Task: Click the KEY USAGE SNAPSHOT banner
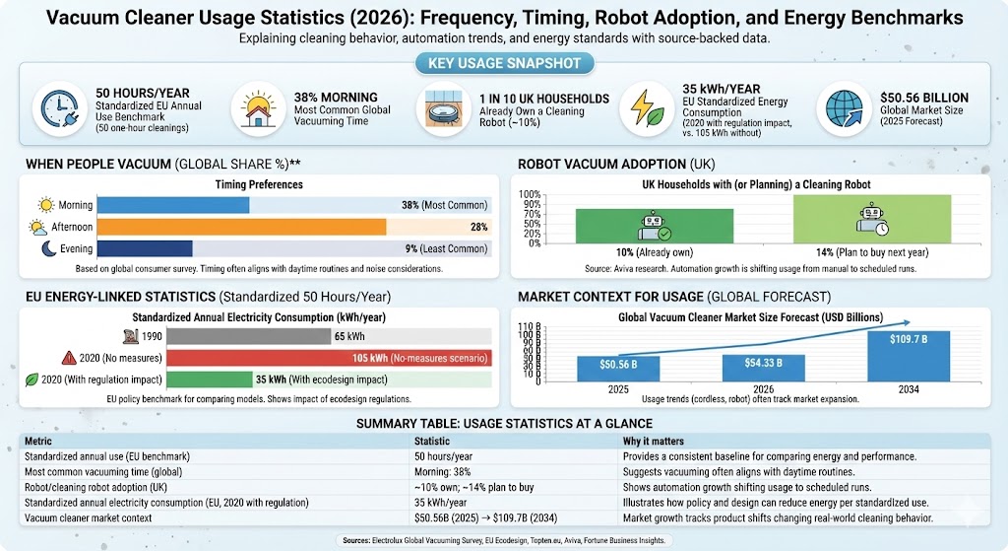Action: pyautogui.click(x=503, y=64)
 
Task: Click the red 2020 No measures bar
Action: pyautogui.click(x=329, y=358)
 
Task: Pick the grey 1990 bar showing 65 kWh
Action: pyautogui.click(x=248, y=336)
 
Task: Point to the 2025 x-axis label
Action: pyautogui.click(x=617, y=388)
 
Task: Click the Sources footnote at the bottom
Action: pyautogui.click(x=503, y=539)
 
